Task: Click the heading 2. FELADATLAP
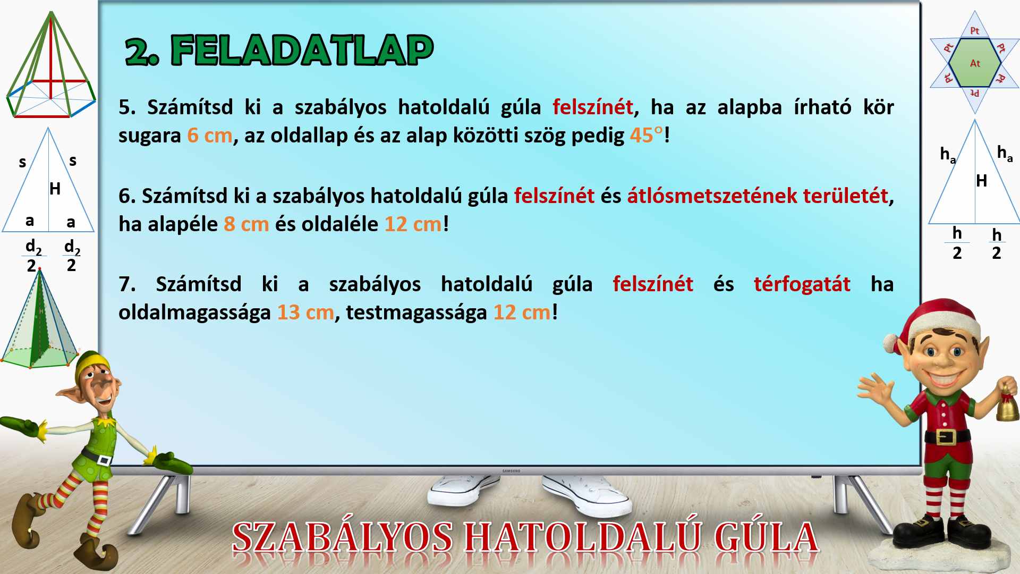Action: [279, 50]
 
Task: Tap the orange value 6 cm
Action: [210, 136]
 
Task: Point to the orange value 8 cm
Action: [246, 224]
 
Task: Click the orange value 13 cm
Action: [305, 313]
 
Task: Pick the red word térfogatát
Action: [802, 285]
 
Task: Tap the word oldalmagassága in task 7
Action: [194, 313]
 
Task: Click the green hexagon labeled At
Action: [975, 62]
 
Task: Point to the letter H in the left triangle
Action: [55, 189]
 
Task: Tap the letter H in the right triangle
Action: [981, 181]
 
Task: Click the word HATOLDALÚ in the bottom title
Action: [582, 537]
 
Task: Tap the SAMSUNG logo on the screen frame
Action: [511, 471]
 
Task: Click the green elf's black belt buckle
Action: [104, 459]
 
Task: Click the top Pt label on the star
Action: [975, 31]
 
